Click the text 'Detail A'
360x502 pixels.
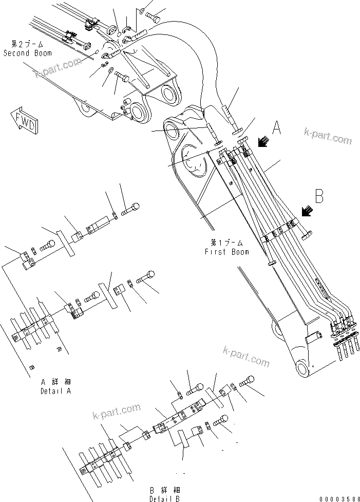click(x=55, y=391)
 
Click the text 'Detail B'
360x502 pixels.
click(x=164, y=498)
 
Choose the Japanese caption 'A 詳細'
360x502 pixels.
click(x=55, y=382)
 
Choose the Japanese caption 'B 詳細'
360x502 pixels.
click(x=164, y=490)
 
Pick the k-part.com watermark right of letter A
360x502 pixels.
click(x=327, y=136)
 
